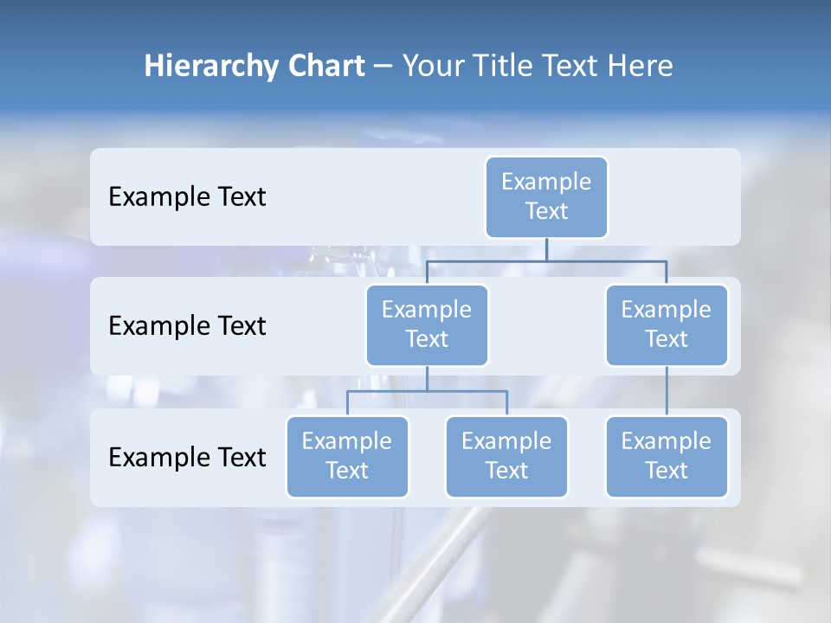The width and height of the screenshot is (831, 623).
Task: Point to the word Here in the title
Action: [x=641, y=66]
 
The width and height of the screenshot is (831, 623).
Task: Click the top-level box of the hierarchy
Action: [x=546, y=196]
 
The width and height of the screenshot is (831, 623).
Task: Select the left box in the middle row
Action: [x=427, y=324]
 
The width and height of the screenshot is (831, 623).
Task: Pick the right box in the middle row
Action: [x=667, y=324]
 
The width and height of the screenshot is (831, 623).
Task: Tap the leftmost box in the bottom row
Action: [x=347, y=456]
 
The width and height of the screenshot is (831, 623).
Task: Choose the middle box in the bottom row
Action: [x=506, y=456]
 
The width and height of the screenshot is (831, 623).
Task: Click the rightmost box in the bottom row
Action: [x=667, y=456]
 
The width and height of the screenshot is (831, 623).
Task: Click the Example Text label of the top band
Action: [x=187, y=196]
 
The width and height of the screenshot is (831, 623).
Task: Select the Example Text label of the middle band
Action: [x=187, y=325]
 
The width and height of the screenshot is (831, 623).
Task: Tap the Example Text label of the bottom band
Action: [x=187, y=457]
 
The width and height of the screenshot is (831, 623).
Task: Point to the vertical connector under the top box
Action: [x=546, y=249]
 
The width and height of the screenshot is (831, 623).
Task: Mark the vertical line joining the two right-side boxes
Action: [x=667, y=391]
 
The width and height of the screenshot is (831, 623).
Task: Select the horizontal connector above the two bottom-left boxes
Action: [x=427, y=391]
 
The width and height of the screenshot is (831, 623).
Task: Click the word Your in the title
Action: [x=428, y=66]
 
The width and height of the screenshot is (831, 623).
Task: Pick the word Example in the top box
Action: [x=546, y=182]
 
